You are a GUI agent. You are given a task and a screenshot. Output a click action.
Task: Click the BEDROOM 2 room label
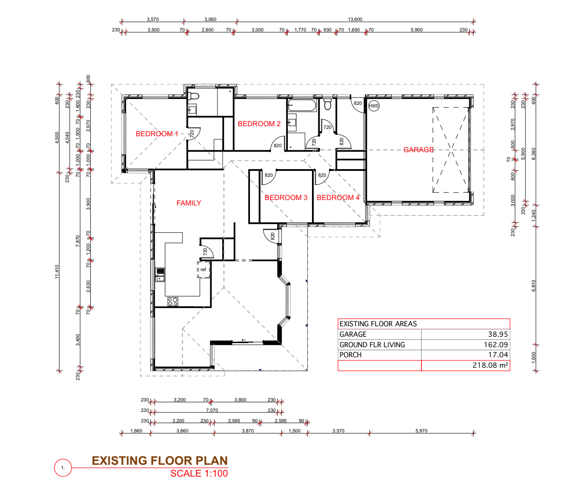(x=259, y=123)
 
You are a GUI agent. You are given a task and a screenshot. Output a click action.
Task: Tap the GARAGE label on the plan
(x=418, y=149)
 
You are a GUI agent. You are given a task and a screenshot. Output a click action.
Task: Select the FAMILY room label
(x=189, y=203)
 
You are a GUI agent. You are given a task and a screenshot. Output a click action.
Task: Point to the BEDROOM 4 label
(x=338, y=197)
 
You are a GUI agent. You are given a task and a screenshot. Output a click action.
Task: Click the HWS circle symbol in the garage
(x=374, y=106)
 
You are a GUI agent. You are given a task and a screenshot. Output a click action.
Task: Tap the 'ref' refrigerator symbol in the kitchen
(x=203, y=269)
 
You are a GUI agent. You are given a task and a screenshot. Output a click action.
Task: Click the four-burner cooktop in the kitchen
(x=173, y=301)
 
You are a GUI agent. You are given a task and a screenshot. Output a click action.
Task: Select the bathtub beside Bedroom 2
(x=302, y=106)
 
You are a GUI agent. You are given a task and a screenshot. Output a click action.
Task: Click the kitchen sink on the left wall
(x=160, y=275)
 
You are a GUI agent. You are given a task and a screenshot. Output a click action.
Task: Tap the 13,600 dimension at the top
(x=355, y=19)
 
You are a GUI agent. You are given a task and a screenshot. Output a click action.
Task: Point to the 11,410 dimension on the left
(x=57, y=272)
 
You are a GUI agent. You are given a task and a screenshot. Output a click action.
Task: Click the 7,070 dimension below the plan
(x=212, y=410)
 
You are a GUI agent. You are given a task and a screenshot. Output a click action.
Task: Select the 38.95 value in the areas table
(x=498, y=334)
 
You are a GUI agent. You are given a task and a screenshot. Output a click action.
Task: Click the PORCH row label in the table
(x=350, y=355)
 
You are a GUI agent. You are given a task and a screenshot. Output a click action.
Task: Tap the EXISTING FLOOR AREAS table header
(x=378, y=324)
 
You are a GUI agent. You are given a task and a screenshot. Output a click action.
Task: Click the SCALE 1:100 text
(x=199, y=473)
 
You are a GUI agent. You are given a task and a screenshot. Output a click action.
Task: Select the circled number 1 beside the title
(x=63, y=468)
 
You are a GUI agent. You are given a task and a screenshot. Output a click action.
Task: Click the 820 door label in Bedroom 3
(x=269, y=175)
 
